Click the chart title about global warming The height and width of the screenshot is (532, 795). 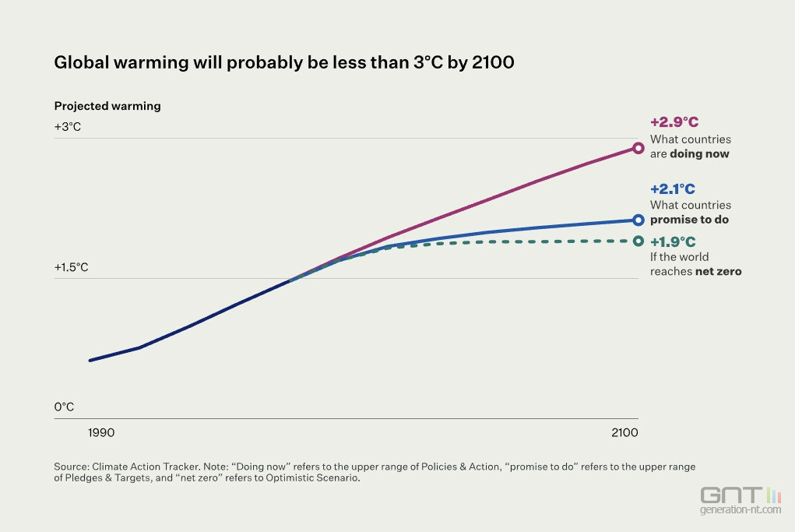tap(284, 63)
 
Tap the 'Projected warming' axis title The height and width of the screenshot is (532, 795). tap(107, 106)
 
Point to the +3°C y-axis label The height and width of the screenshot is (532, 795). tap(68, 126)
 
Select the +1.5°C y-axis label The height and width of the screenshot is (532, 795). tap(72, 267)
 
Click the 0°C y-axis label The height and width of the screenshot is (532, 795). tap(64, 407)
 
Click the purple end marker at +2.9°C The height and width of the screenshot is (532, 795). tap(638, 148)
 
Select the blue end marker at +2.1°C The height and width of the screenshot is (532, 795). tap(638, 220)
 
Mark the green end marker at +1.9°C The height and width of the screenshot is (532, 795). tap(638, 241)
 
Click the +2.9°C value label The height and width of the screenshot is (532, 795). tap(674, 122)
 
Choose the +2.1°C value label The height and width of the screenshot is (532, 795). tap(673, 188)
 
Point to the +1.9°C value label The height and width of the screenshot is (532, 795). tap(673, 241)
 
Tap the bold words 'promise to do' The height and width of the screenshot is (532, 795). tap(689, 220)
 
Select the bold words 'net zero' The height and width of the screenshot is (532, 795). tap(718, 272)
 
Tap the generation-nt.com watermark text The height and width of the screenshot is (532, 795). tap(740, 510)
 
